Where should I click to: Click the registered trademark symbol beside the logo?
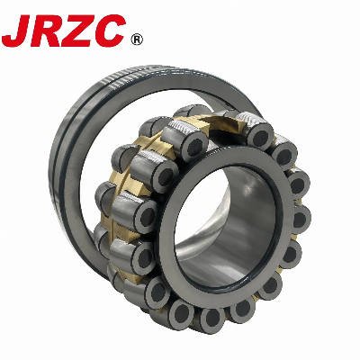tap(137, 40)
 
